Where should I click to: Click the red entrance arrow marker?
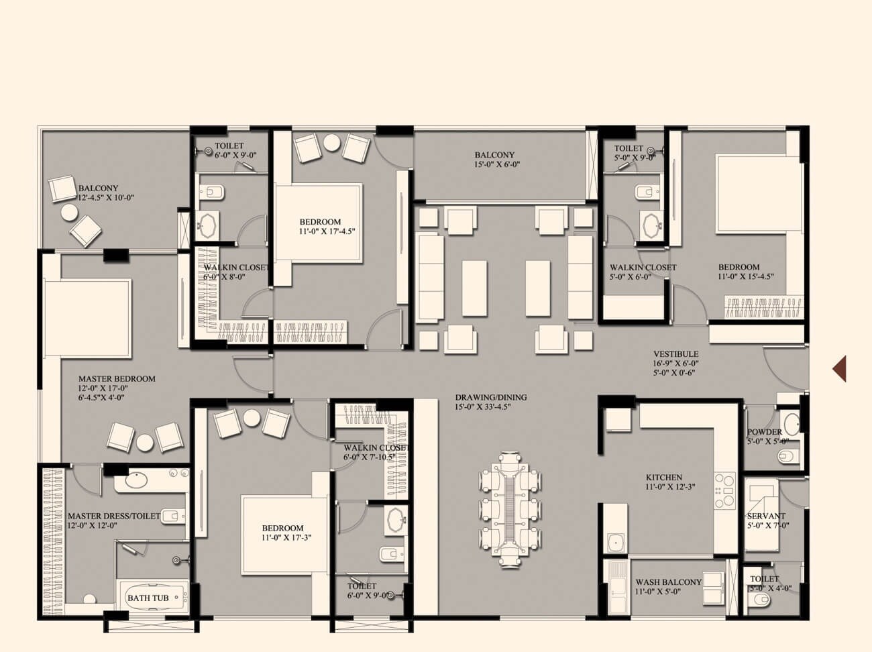[x=840, y=368]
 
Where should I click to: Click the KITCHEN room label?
[x=663, y=478]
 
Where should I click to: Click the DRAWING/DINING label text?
[x=491, y=397]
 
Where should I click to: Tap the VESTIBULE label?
[x=676, y=354]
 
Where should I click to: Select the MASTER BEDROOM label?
[x=117, y=378]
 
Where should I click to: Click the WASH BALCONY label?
[x=668, y=582]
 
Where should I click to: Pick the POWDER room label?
[x=764, y=432]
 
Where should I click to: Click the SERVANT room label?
[x=766, y=517]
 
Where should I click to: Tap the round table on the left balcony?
[x=70, y=213]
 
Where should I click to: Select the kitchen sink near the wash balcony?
[x=616, y=541]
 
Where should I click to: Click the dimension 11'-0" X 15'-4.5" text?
[x=747, y=276]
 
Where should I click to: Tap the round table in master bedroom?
[x=145, y=442]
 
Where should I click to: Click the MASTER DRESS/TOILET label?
[x=114, y=516]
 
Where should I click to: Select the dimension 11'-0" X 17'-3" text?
[x=283, y=537]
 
